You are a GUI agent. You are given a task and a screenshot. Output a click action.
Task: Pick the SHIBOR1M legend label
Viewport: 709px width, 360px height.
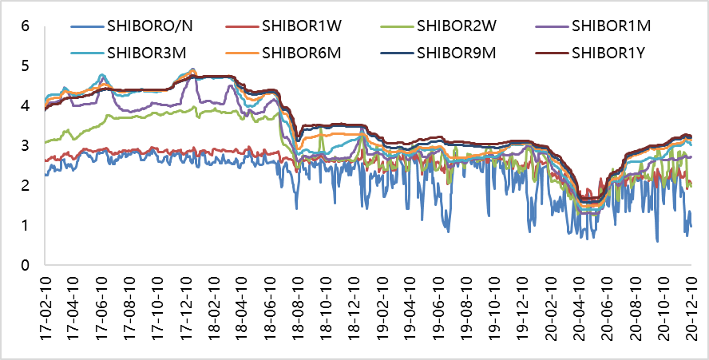pyautogui.click(x=611, y=26)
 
